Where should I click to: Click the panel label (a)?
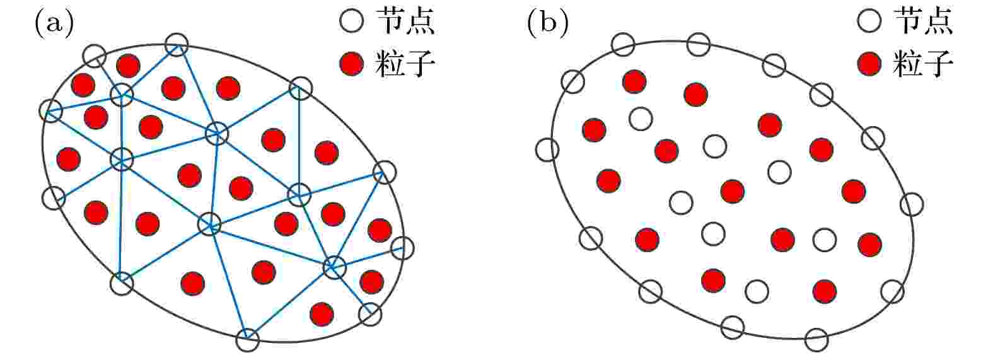pyautogui.click(x=54, y=23)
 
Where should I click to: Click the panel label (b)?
pyautogui.click(x=548, y=23)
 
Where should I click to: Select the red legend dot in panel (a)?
pyautogui.click(x=352, y=64)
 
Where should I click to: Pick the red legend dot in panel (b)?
pyautogui.click(x=869, y=64)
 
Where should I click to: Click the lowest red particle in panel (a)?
pyautogui.click(x=322, y=315)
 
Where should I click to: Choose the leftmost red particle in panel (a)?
pyautogui.click(x=69, y=159)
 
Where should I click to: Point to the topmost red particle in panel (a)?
pyautogui.click(x=128, y=66)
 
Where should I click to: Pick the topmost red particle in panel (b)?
pyautogui.click(x=634, y=81)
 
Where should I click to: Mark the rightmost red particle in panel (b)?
pyautogui.click(x=870, y=245)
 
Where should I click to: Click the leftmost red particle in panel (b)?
pyautogui.click(x=594, y=130)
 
